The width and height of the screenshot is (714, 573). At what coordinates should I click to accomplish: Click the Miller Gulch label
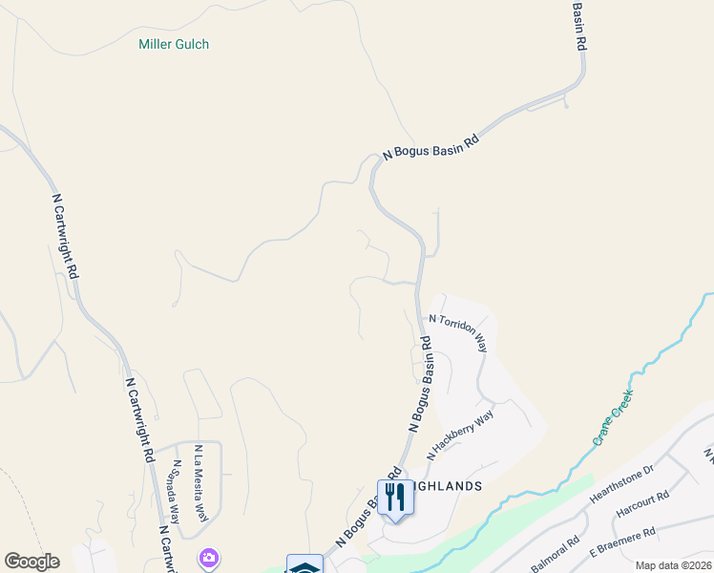174,44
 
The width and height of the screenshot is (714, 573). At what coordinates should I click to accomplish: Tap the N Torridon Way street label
458,333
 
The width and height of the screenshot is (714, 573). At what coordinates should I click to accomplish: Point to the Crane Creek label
613,416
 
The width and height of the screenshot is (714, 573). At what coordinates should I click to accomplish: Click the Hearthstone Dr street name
620,487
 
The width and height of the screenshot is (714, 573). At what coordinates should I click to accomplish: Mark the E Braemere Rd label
621,542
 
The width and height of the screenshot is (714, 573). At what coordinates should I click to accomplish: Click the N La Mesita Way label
200,482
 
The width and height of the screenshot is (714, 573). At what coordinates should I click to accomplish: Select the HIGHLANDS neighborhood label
447,485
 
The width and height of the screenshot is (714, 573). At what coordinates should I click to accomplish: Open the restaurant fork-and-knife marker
392,497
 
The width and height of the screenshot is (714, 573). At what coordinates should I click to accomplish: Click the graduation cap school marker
305,565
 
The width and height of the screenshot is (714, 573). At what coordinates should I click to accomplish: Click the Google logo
31,562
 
